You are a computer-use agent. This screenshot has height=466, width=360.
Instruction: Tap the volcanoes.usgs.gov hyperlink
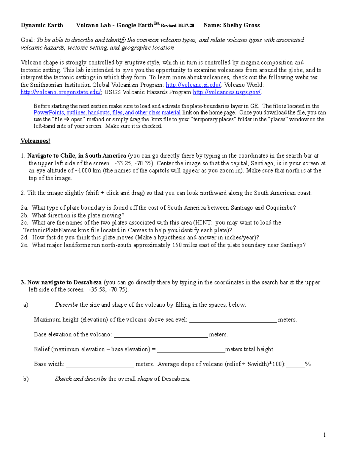[x=227, y=92]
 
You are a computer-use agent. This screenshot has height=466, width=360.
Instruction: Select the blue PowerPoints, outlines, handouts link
[x=107, y=113]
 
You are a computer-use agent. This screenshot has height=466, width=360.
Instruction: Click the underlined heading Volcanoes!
[x=35, y=141]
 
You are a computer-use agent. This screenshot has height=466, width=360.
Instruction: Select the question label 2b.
[x=24, y=215]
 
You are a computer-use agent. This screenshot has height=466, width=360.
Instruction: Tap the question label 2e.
[x=24, y=245]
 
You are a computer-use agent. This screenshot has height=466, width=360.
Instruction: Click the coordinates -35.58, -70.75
[x=109, y=290]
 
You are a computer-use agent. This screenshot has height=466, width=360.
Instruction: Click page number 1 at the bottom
[x=325, y=435]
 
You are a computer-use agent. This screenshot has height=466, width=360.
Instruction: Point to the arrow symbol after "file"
[x=67, y=119]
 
